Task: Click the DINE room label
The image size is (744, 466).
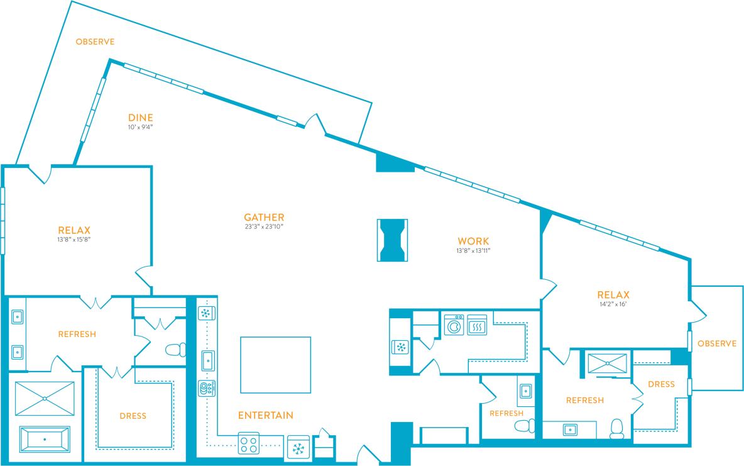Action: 141,118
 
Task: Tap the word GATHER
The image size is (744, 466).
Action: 265,217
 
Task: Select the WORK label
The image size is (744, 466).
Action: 473,241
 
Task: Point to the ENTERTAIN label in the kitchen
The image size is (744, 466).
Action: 265,415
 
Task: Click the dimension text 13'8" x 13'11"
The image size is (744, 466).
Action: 473,251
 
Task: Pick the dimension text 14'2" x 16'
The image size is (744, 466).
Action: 613,304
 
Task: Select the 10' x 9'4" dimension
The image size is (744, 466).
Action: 141,127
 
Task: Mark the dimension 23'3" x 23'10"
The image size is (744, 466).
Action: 265,226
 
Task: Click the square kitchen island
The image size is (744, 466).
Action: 275,364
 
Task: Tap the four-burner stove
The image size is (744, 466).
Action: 248,445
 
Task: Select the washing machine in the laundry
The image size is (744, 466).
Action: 454,325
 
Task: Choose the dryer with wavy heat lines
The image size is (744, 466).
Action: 477,325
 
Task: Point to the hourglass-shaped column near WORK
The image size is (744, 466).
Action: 392,240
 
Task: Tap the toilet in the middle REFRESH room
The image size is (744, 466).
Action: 523,426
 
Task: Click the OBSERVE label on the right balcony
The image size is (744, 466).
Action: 716,343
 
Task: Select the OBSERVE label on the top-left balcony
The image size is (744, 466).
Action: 95,42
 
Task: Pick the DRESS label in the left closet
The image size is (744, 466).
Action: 133,416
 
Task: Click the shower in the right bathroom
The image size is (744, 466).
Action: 606,363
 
